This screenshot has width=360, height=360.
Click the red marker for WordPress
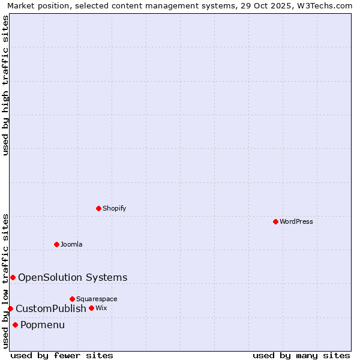(x=275, y=221)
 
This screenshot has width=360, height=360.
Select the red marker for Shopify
(x=99, y=208)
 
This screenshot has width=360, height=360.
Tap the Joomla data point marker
(x=57, y=244)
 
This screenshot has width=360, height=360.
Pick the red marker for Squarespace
(x=72, y=299)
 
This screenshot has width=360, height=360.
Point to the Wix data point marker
(x=91, y=308)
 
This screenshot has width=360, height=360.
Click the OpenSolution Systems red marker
(x=13, y=277)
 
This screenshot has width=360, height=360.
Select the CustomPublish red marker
(x=10, y=308)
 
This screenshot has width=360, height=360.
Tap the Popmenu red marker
(x=15, y=325)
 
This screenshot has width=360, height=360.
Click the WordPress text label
(x=296, y=222)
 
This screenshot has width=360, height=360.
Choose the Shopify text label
(x=115, y=209)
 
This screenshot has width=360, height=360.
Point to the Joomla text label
(x=71, y=245)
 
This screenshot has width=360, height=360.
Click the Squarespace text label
(x=97, y=299)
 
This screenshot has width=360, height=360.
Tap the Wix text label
(x=101, y=308)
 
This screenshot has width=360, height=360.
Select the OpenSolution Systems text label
(x=73, y=277)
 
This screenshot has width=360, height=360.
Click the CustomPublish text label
(x=51, y=308)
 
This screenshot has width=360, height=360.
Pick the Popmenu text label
(x=43, y=325)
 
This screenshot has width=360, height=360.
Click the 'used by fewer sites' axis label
(x=62, y=355)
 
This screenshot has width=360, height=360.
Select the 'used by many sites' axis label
(x=301, y=355)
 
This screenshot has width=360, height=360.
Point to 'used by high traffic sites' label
(x=5, y=85)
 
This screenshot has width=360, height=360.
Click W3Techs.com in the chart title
(x=322, y=5)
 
